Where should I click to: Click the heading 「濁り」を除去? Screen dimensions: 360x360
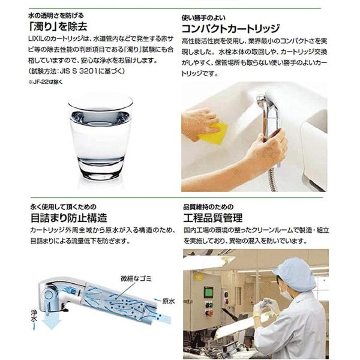[x=58, y=26]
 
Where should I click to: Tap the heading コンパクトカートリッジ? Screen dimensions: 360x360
[x=230, y=29]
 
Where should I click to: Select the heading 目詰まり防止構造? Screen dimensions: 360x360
[x=69, y=218]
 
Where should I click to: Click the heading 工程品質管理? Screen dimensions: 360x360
[x=213, y=218]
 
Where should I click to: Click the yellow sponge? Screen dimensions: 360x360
[x=213, y=133]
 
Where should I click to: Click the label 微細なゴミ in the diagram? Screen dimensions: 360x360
[x=136, y=279]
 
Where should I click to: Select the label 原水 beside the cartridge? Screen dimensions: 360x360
[x=169, y=301]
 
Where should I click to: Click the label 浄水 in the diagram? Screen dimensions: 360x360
[x=34, y=316]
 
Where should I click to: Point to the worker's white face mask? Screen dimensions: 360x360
[x=286, y=295]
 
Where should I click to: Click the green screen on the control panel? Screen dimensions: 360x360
[x=208, y=292]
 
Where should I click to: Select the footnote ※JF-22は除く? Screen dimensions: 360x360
[x=45, y=82]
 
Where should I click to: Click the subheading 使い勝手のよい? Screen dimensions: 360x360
[x=203, y=18]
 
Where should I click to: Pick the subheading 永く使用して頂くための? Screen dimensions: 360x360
[x=64, y=207]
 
